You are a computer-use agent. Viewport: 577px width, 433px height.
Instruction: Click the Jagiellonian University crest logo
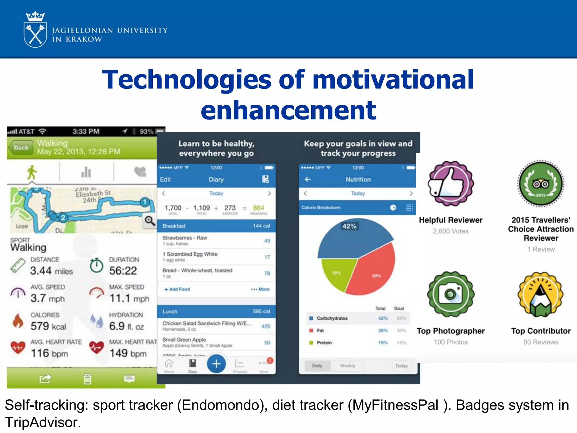pos(35,30)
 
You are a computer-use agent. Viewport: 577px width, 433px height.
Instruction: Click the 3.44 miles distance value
pos(51,271)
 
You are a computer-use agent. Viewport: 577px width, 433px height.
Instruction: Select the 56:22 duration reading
pos(123,271)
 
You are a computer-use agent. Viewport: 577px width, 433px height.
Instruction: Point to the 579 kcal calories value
pos(48,326)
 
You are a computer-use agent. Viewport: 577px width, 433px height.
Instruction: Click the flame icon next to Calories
pos(18,321)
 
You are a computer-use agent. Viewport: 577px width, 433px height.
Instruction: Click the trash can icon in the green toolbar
pos(87,379)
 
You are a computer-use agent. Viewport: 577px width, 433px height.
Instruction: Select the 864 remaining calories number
pos(258,208)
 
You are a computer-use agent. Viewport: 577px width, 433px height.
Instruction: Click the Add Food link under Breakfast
pos(177,289)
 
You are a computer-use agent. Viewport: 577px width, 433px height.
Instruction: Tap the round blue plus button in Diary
pos(216,364)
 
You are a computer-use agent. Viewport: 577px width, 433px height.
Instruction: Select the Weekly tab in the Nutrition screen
pos(347,366)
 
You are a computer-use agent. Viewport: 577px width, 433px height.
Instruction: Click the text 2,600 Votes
pos(450,231)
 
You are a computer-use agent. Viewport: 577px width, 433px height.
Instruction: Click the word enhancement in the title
pos(288,110)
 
